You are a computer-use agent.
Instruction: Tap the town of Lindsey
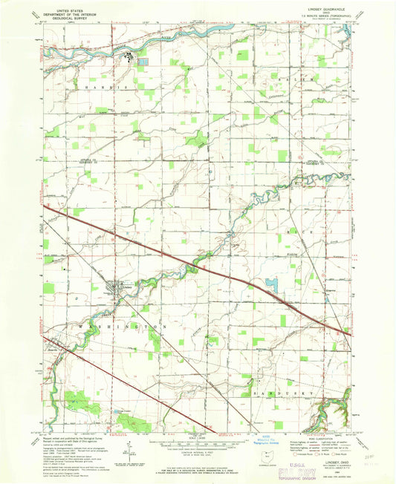point(113,288)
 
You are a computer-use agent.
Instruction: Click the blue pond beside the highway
point(270,284)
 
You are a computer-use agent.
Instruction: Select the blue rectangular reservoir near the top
point(143,62)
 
